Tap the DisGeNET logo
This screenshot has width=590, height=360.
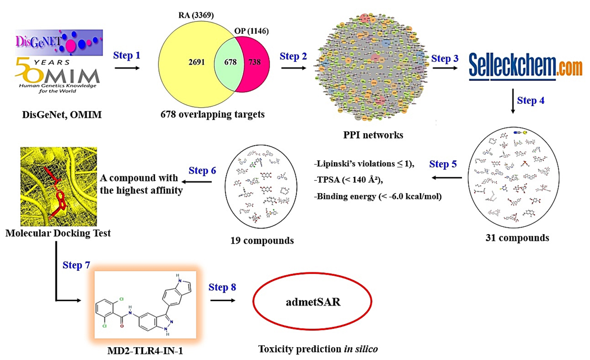pos(60,41)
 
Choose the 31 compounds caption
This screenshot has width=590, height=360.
pos(517,238)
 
